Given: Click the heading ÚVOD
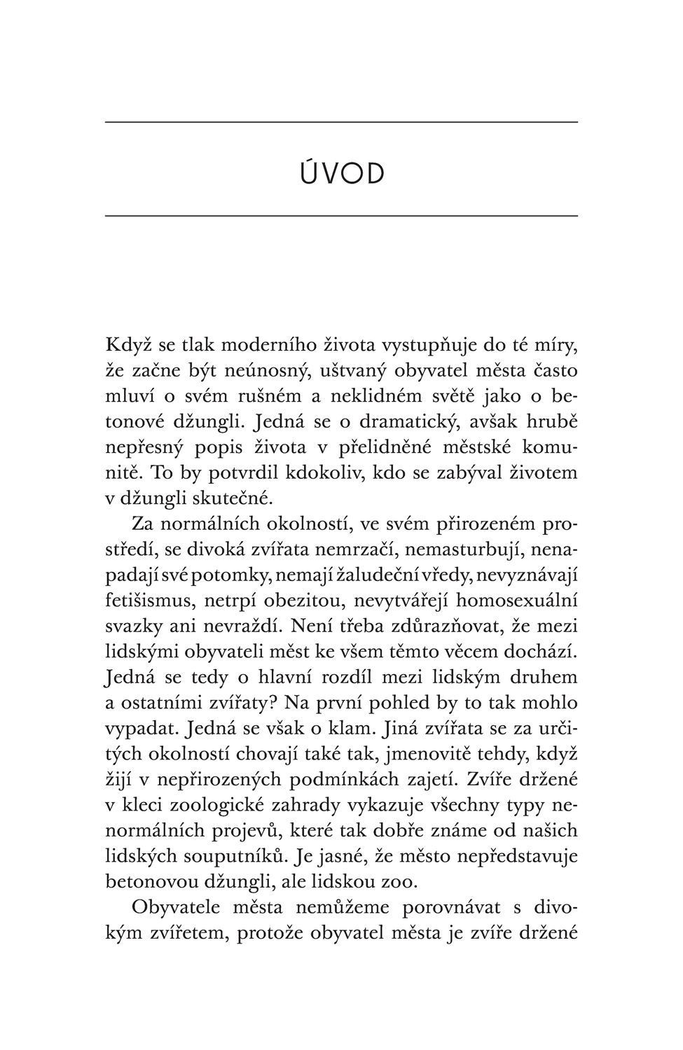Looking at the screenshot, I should (x=343, y=174).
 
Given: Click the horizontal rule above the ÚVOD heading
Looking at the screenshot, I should (x=341, y=122).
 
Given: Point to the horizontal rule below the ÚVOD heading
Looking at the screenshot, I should (x=341, y=216).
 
